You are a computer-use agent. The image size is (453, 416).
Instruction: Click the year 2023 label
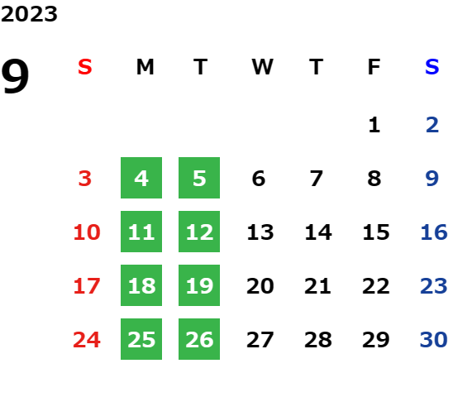point(29,14)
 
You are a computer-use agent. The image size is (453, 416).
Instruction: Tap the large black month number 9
point(15,76)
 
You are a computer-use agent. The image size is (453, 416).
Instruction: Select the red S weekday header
point(85,67)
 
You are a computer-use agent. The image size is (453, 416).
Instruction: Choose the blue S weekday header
point(432,67)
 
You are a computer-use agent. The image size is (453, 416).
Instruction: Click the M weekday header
point(145,67)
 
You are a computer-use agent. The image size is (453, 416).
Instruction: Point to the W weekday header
point(262,67)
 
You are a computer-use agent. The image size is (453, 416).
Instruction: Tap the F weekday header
point(374,67)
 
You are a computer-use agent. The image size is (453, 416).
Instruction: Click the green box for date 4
point(141,178)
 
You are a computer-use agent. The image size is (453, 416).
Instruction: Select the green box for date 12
point(199,232)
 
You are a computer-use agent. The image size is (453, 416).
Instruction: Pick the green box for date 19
point(199,285)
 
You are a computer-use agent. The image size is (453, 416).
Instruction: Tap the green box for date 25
point(141,339)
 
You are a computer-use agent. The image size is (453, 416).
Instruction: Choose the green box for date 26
point(199,339)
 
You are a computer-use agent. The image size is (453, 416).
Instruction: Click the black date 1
point(374,125)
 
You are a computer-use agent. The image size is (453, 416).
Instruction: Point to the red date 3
point(85,179)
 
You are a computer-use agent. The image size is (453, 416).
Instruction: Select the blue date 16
point(434,232)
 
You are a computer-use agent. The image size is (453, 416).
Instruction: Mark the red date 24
point(87,340)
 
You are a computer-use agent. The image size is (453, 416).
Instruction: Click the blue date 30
point(434,340)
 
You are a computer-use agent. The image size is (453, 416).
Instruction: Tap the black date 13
point(260,232)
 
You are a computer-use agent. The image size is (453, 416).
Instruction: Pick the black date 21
point(317,286)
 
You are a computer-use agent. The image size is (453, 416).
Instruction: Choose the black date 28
point(318,340)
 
